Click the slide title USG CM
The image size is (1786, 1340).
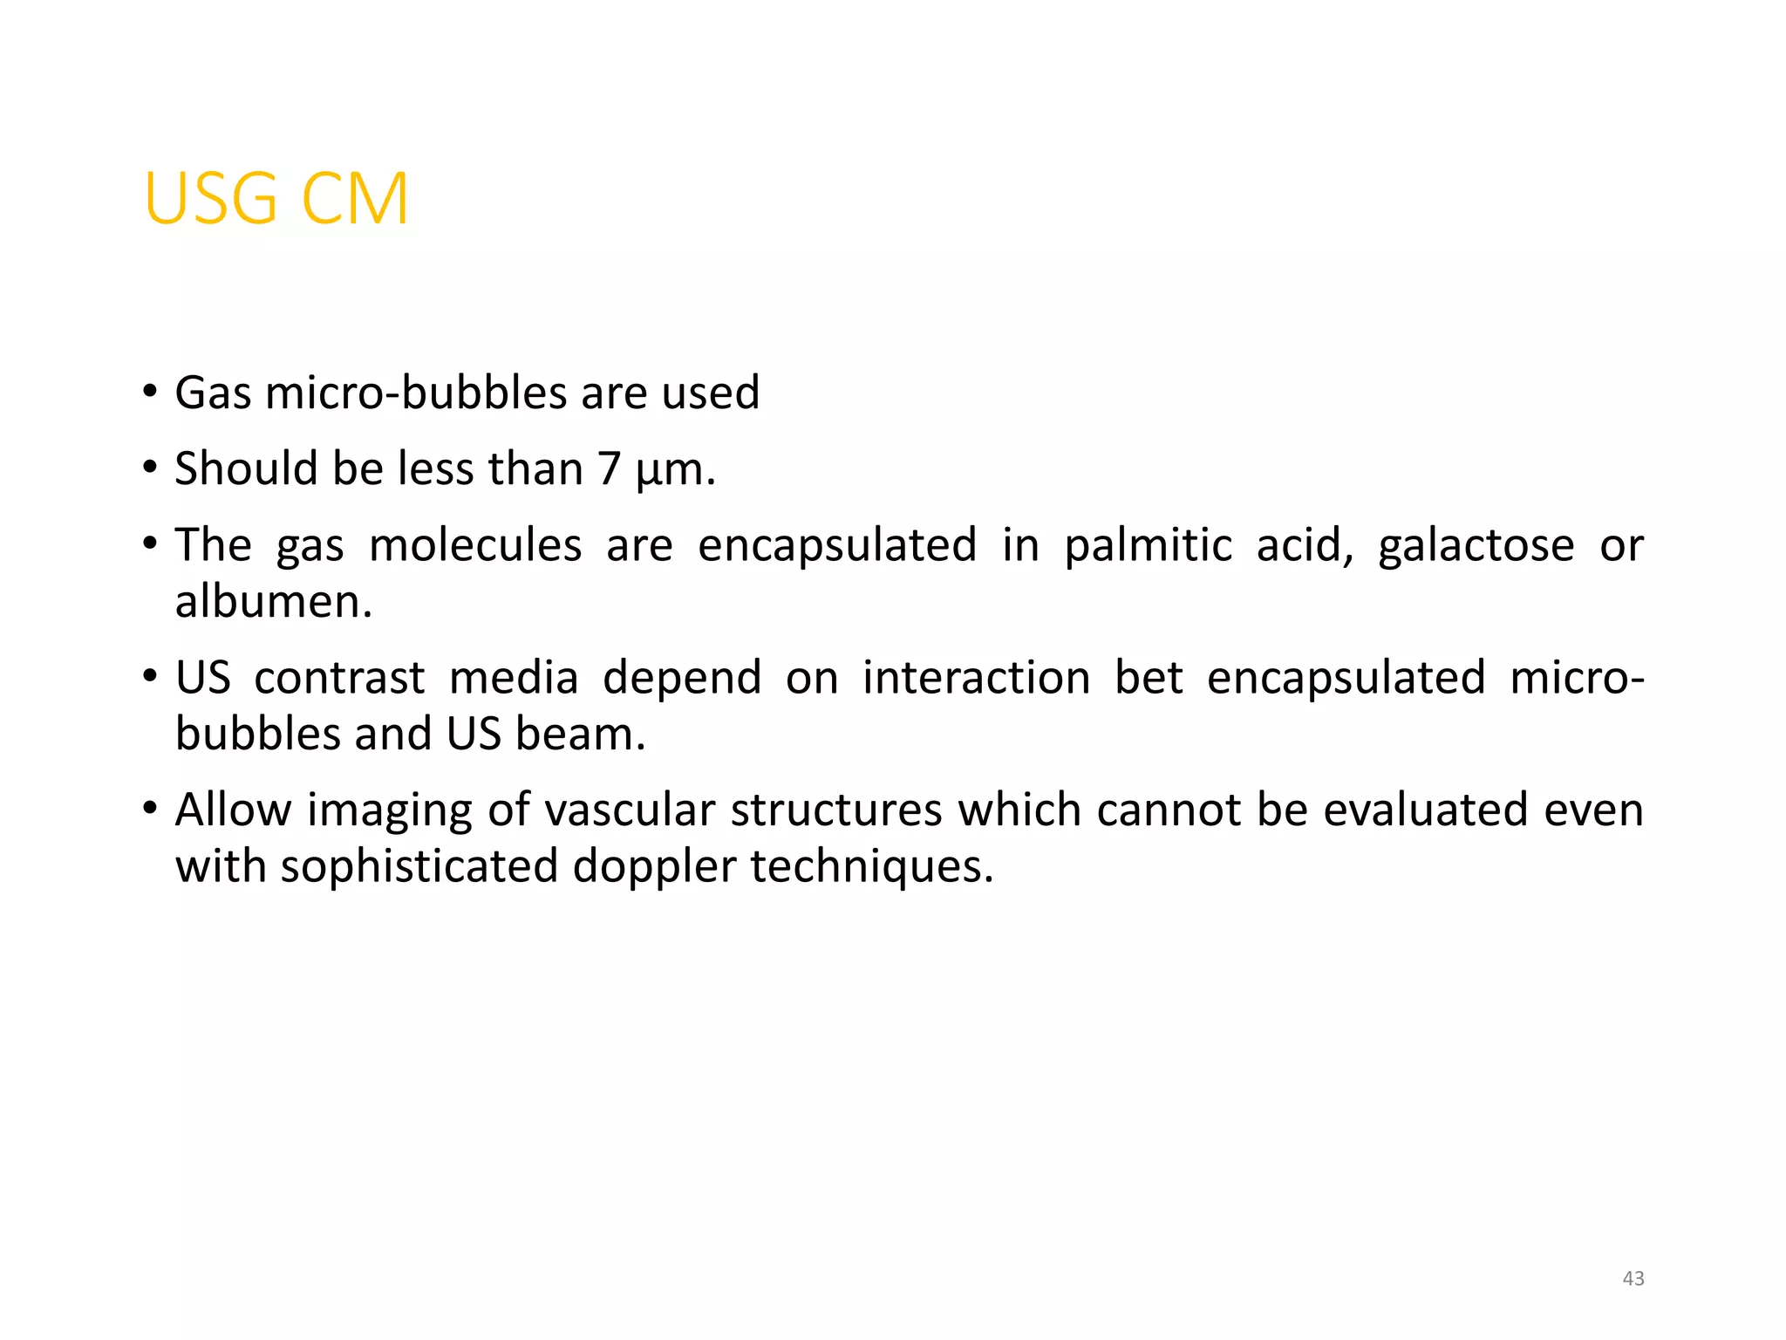tap(276, 199)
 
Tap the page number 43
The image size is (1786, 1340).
tap(1633, 1279)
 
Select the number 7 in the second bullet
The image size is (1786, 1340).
tap(609, 468)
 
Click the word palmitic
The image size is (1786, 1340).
tap(1148, 546)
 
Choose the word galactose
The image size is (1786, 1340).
tap(1476, 546)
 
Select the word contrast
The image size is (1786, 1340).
tap(339, 678)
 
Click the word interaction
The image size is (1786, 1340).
tap(976, 678)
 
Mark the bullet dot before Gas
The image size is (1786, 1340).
tap(150, 392)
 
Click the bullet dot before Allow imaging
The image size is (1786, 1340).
tap(150, 809)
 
